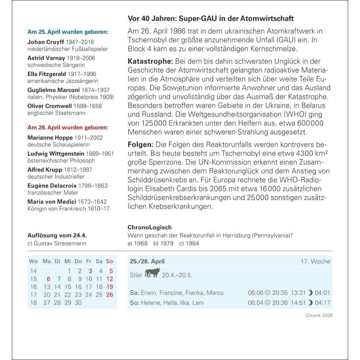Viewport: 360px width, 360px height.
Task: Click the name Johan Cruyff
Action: (46, 42)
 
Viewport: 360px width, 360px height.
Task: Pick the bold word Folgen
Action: (141, 145)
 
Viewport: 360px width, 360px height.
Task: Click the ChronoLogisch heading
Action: (150, 228)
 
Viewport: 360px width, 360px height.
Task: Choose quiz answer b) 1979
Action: (163, 243)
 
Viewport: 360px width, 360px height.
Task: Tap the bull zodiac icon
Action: (152, 274)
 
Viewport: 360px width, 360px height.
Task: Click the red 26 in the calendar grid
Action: (110, 295)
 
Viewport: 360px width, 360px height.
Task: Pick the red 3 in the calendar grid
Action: (90, 271)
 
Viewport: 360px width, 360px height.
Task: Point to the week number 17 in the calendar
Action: (33, 295)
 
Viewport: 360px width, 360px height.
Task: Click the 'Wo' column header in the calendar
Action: (33, 261)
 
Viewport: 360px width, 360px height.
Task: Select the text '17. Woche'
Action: (315, 262)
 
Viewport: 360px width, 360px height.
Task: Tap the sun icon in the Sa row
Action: (267, 293)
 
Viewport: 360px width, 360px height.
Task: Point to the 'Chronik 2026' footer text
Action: (318, 315)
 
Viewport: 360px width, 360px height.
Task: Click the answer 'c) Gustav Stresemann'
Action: (57, 243)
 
